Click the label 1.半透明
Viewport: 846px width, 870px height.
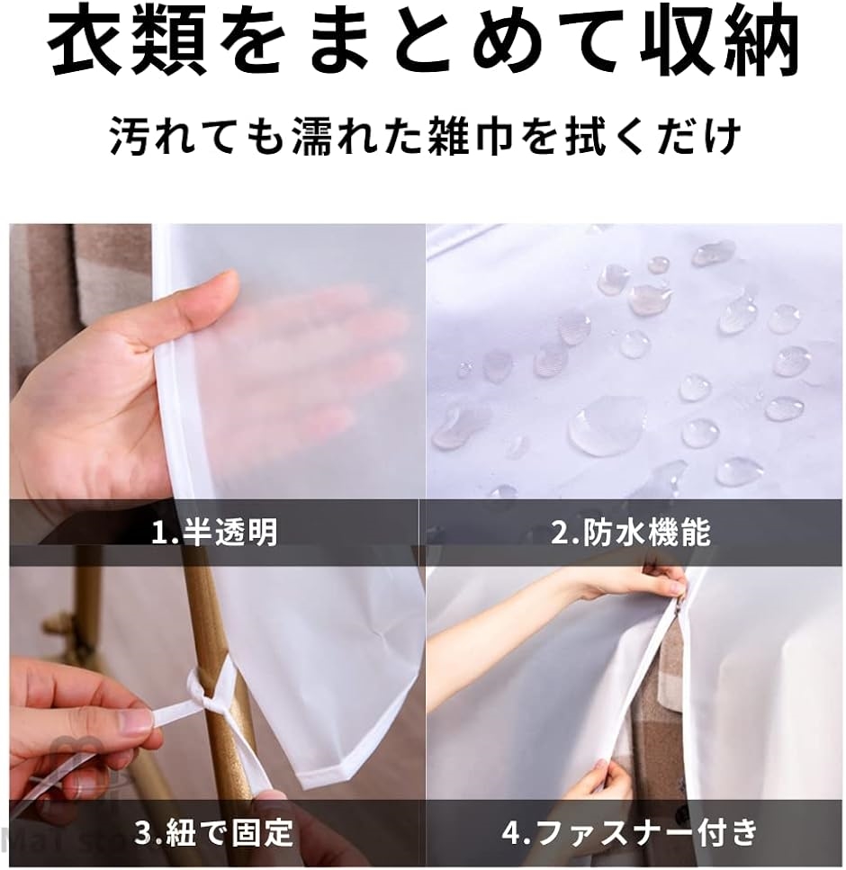214,533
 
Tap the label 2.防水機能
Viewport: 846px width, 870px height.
631,533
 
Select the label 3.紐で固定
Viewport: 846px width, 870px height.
214,832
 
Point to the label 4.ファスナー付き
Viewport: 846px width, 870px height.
630,832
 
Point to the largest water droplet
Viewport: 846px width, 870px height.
607,425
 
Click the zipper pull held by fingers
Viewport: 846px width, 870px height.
677,605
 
